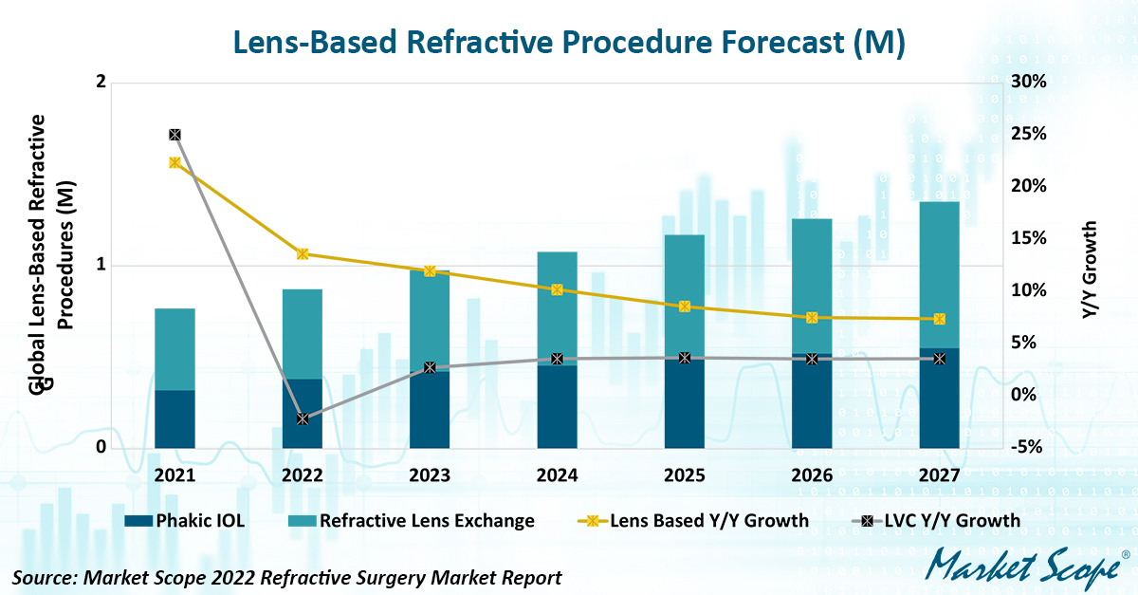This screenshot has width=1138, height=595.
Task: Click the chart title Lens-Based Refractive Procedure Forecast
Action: point(568,43)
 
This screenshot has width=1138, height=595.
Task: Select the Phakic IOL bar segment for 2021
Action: point(174,418)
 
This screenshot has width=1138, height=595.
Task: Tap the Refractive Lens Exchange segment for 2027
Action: point(939,274)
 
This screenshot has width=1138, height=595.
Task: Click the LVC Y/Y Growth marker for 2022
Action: point(303,418)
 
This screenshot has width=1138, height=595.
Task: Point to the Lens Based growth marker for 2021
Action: point(174,162)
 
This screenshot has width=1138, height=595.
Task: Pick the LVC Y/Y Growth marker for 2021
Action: point(174,135)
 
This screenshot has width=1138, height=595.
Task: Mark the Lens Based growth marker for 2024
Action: point(557,289)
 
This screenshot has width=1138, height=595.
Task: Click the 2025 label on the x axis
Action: point(685,474)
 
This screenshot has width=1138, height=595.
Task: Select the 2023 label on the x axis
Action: point(430,474)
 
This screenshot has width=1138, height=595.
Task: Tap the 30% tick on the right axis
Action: point(1028,82)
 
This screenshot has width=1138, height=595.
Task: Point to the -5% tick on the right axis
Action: point(1028,447)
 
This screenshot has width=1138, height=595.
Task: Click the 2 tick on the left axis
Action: point(101,83)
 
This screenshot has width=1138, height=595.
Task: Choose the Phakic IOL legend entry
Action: point(186,520)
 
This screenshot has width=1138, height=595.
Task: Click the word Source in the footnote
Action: point(43,577)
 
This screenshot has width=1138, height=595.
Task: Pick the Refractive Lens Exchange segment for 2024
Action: point(557,308)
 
